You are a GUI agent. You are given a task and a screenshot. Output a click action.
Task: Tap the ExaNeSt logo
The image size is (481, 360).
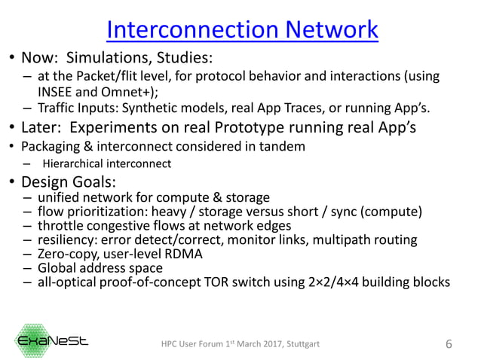pos(53,341)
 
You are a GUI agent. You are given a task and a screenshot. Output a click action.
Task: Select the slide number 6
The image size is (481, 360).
pos(449,344)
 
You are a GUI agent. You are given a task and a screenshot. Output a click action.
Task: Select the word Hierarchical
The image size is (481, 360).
pos(74,163)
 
